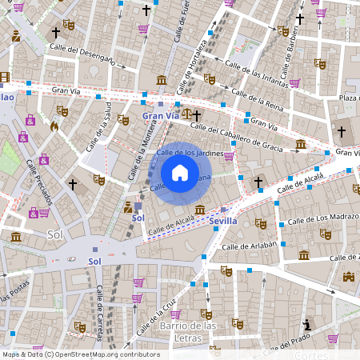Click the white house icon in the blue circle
(180, 173)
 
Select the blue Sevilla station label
(223, 220)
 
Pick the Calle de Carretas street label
(103, 310)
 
